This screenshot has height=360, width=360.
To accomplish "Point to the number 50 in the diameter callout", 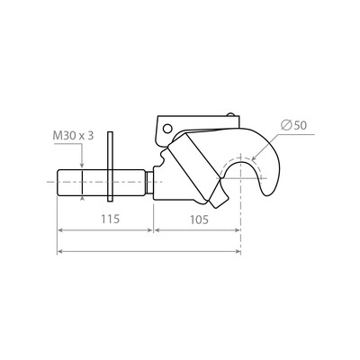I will [x=299, y=126].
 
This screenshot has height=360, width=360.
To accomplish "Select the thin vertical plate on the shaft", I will [x=111, y=167].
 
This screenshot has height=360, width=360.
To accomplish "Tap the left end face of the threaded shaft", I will [x=58, y=185].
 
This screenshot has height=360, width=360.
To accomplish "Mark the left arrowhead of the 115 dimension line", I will [x=61, y=229].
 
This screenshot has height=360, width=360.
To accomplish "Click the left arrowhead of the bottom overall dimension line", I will [x=61, y=251].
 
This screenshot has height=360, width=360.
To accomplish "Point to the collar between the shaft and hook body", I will [x=154, y=185].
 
